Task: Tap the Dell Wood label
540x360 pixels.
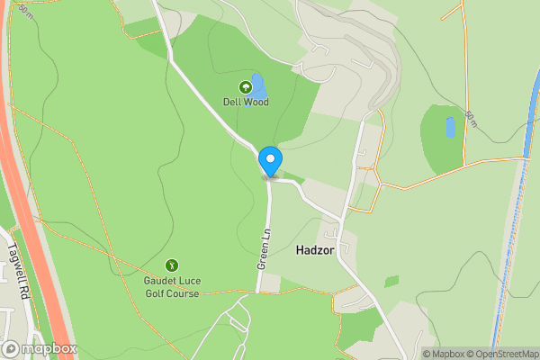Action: tap(245, 102)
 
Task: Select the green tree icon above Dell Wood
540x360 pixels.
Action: tap(245, 87)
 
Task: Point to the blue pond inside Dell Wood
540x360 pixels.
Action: tap(258, 86)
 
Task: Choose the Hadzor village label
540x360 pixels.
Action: tap(315, 253)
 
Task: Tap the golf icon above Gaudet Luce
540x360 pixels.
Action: tap(171, 265)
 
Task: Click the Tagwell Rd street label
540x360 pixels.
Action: tap(19, 268)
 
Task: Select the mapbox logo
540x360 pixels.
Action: tap(40, 348)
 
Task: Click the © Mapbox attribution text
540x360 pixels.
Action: tap(446, 354)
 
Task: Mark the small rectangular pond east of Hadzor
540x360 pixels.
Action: tap(450, 128)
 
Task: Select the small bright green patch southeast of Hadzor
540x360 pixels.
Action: tap(391, 282)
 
